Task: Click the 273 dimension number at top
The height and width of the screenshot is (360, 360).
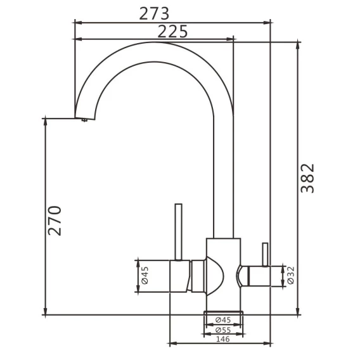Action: [154, 14]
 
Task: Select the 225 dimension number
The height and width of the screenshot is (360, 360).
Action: [172, 32]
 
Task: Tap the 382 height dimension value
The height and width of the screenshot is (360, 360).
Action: [307, 178]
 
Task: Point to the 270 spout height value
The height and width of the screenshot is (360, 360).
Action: [55, 221]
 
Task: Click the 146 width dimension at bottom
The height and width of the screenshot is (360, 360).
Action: [223, 339]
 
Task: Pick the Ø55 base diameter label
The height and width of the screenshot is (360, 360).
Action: [223, 330]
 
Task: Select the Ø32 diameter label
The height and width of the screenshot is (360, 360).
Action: [291, 275]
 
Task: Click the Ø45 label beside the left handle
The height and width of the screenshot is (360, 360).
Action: [145, 275]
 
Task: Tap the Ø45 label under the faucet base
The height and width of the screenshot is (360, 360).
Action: [223, 319]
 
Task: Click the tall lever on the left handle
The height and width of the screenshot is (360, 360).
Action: [178, 232]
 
